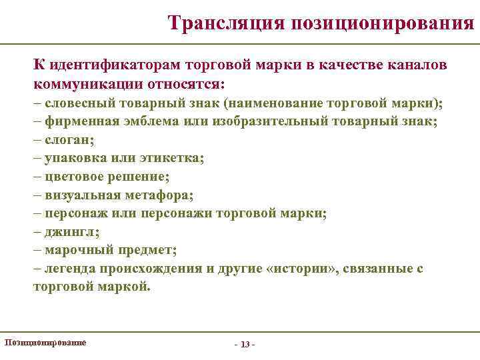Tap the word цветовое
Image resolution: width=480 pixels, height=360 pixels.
[74, 177]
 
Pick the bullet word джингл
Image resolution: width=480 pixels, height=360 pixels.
[69, 232]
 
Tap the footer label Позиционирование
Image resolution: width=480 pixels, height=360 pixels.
[45, 341]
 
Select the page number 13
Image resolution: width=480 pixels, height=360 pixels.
[245, 344]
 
